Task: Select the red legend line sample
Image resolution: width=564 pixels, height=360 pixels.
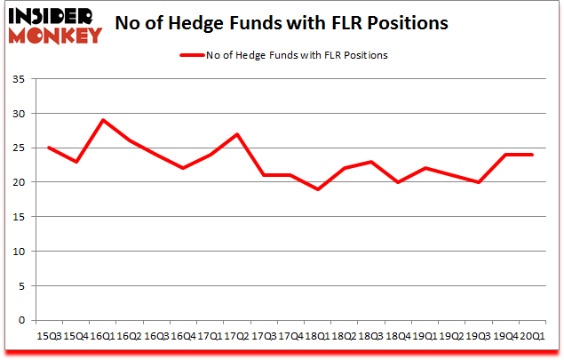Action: (x=194, y=55)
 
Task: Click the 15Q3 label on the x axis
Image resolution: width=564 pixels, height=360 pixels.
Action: (x=49, y=335)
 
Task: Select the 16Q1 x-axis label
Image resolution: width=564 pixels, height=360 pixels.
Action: (x=103, y=335)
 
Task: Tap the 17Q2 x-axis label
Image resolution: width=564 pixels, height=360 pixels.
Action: (x=237, y=335)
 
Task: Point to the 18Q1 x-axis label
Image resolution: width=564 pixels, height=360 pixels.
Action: (x=318, y=335)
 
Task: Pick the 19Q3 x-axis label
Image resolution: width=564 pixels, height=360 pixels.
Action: (x=479, y=335)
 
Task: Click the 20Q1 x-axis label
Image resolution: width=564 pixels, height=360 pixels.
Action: (x=532, y=335)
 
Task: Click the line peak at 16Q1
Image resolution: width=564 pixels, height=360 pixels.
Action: (x=103, y=120)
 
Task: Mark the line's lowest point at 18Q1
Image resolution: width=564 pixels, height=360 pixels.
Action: (x=318, y=189)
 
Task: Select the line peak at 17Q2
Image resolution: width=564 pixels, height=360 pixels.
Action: (x=237, y=134)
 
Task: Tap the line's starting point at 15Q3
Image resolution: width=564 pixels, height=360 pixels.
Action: (x=49, y=148)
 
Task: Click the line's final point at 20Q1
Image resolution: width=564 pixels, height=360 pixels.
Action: (x=532, y=155)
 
